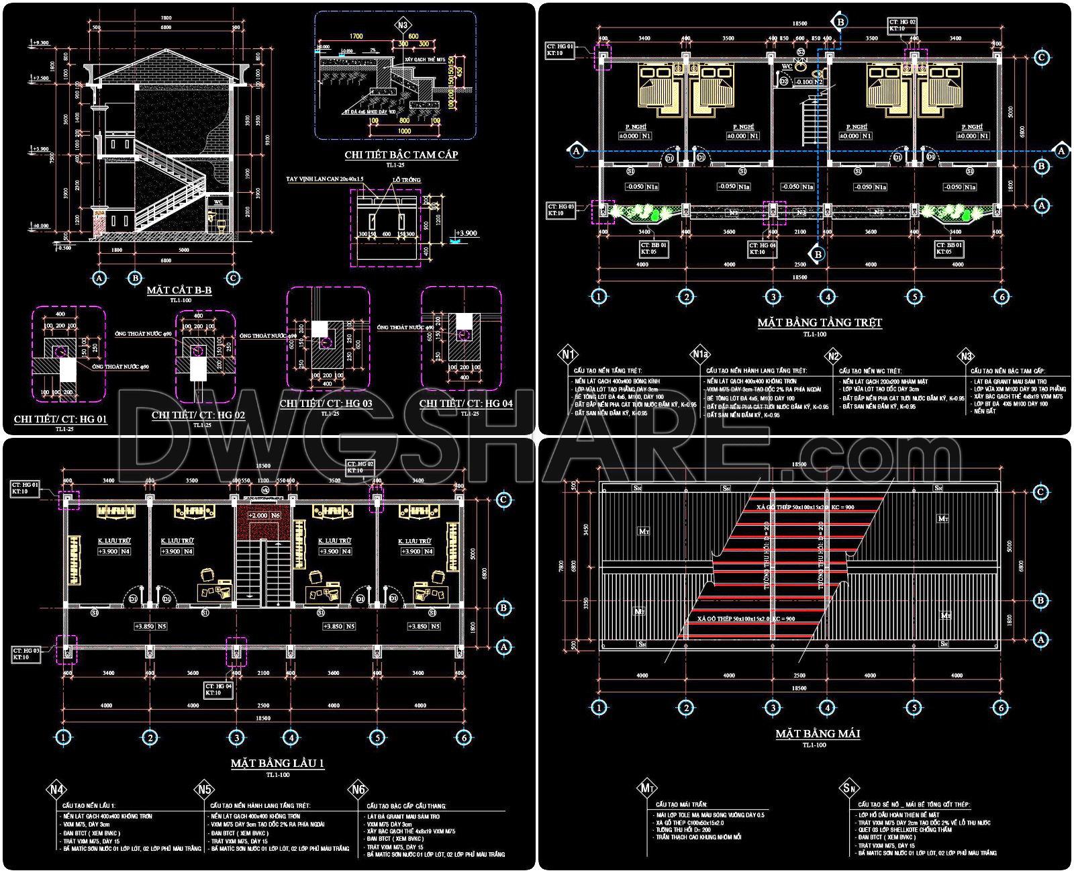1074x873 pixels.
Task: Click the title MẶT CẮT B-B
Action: point(179,291)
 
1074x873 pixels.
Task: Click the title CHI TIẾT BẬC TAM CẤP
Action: point(401,155)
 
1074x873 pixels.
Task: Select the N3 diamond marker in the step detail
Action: point(402,26)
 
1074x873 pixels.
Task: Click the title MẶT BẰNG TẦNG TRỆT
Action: point(820,323)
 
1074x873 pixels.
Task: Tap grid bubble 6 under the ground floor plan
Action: point(1000,296)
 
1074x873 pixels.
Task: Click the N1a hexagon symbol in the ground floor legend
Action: point(699,355)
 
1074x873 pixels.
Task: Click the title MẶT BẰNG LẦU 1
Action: point(278,764)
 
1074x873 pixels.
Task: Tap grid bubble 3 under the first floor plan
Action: point(236,737)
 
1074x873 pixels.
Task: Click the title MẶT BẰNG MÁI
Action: point(818,734)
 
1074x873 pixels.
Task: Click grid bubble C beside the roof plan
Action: point(1040,492)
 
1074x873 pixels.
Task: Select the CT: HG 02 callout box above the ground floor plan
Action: point(902,26)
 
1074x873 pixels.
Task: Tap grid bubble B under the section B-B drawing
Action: point(135,277)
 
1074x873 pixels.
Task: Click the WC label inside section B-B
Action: point(217,201)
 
